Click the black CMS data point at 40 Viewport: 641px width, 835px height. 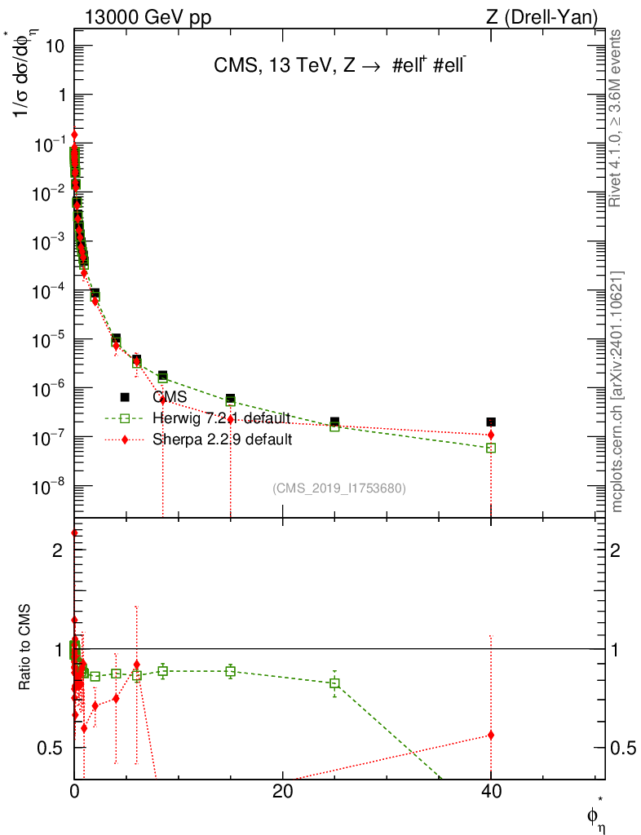(491, 422)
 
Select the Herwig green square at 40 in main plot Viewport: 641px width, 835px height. (491, 448)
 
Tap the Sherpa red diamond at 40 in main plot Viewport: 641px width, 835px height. (491, 435)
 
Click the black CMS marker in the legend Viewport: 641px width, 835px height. (125, 397)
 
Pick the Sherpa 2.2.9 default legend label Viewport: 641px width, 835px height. (222, 440)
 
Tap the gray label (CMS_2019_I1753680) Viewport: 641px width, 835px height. (338, 488)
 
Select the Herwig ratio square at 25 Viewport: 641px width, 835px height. (334, 683)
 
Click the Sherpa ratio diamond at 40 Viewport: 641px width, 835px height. (491, 735)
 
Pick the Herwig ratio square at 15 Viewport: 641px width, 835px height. (231, 671)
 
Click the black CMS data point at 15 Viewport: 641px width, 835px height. (231, 399)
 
